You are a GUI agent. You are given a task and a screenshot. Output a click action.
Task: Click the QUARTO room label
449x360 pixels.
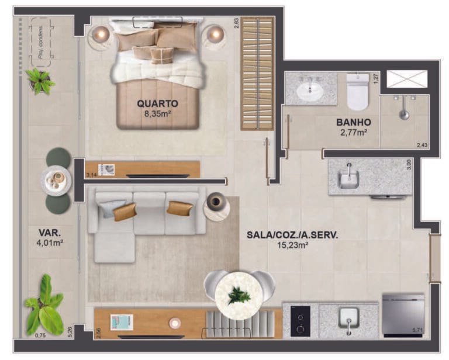point(157,103)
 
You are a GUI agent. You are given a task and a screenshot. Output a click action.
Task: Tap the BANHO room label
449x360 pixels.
point(354,123)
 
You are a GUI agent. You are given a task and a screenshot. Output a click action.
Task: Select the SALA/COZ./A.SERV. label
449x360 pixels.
point(293,235)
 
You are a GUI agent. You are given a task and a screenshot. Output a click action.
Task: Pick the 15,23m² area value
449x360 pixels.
point(293,245)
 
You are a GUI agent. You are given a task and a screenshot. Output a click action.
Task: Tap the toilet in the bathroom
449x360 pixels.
point(358,92)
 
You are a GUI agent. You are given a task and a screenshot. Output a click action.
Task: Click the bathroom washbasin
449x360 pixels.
point(310,91)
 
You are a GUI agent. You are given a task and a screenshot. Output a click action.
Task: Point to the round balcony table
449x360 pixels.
point(57,181)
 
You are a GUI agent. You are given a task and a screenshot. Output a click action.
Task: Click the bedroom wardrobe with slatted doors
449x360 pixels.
point(257,74)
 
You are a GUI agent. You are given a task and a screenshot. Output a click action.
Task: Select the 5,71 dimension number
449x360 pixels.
point(417,331)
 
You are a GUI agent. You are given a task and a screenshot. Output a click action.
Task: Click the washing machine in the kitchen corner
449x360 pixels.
point(403,314)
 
